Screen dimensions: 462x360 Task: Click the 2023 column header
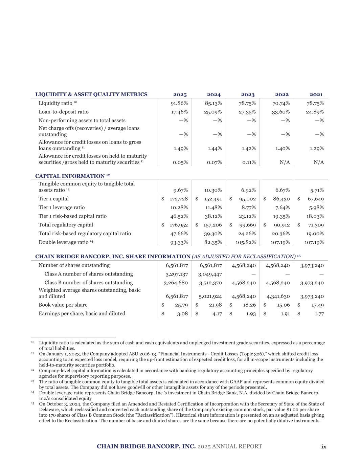tap(248, 95)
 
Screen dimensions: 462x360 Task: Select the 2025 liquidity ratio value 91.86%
tap(179, 103)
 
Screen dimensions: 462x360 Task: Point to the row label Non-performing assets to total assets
tap(82, 120)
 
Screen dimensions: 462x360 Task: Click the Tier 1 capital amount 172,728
tap(179, 199)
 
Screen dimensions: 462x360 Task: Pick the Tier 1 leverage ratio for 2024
tap(213, 207)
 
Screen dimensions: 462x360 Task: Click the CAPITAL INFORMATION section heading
tap(70, 176)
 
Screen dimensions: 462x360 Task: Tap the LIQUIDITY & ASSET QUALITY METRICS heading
tap(91, 94)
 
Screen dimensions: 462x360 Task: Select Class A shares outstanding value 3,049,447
tap(210, 274)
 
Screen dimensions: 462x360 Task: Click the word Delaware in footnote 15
tap(48, 410)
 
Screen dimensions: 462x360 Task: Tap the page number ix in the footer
tap(324, 446)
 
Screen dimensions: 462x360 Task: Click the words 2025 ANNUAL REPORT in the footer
tap(230, 446)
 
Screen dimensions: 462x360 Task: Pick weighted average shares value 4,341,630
tap(277, 296)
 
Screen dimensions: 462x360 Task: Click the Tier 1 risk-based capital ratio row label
tap(72, 216)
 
